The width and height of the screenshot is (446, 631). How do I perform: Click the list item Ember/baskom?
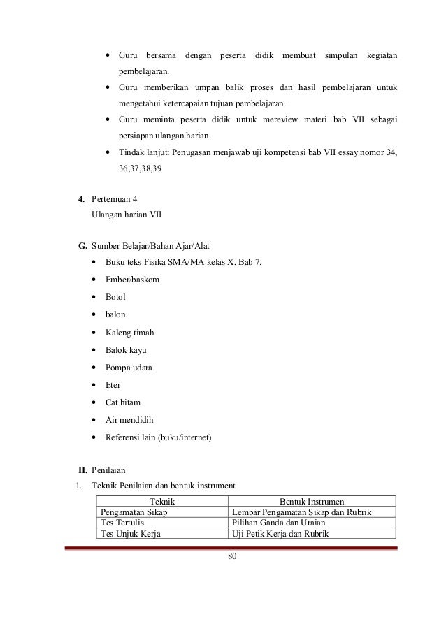(x=133, y=280)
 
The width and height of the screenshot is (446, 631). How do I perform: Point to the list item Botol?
(x=116, y=298)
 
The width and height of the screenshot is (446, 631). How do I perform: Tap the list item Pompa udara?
(x=129, y=368)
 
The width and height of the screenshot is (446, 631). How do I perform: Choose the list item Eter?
(x=113, y=385)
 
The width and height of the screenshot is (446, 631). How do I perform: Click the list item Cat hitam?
(x=122, y=402)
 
